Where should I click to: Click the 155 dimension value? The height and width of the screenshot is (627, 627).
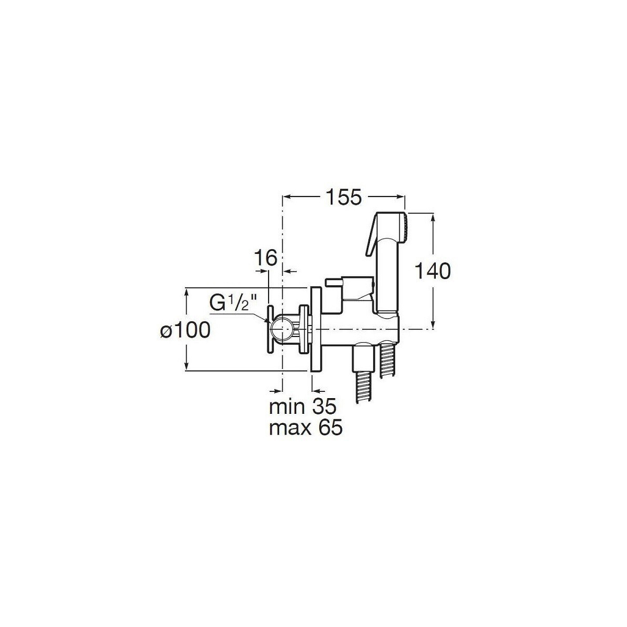(343, 197)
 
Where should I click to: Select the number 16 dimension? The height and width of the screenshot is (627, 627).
(266, 258)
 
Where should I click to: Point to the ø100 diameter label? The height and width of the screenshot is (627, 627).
(185, 331)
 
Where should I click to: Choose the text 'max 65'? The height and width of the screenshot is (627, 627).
(306, 428)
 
